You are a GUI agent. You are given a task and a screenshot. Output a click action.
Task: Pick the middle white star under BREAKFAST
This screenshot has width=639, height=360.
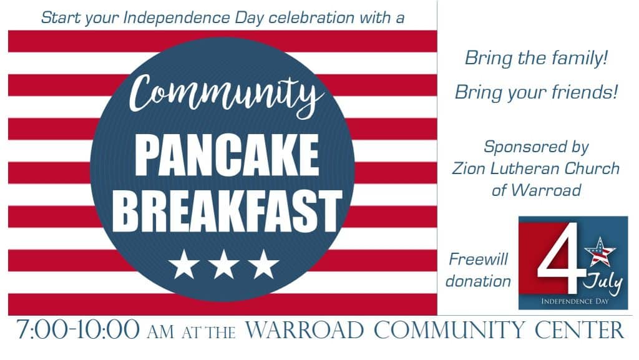pyautogui.click(x=223, y=264)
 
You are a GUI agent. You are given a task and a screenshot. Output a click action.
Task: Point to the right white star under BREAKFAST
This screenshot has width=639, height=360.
pyautogui.click(x=263, y=264)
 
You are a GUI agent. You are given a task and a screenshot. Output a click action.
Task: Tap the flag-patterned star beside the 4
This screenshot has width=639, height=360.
pyautogui.click(x=602, y=252)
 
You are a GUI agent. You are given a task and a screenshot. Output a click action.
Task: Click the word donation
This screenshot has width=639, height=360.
pyautogui.click(x=478, y=281)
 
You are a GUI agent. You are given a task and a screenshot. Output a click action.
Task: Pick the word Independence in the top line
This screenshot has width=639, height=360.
pyautogui.click(x=164, y=17)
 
